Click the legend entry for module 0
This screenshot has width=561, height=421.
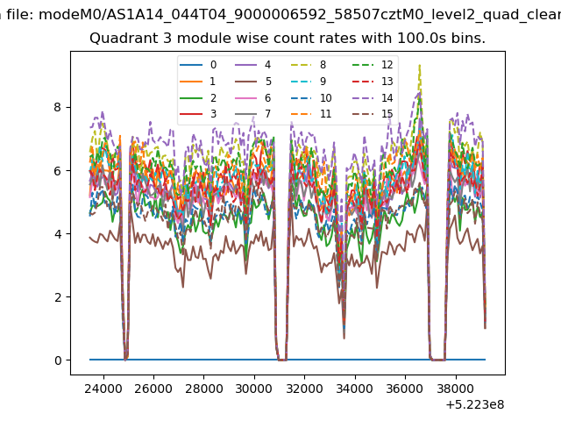(198, 65)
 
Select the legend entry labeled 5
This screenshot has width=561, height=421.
(253, 82)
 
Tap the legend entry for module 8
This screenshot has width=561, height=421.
(308, 65)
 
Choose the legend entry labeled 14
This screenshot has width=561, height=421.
(373, 97)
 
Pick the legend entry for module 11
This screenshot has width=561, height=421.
(310, 114)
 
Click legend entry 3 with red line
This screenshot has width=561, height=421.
(198, 114)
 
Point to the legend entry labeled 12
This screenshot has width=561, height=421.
(373, 65)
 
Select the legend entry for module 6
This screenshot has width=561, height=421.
(253, 97)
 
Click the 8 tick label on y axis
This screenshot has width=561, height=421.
(58, 107)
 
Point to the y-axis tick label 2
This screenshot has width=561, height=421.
(58, 296)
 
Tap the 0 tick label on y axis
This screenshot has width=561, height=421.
(58, 360)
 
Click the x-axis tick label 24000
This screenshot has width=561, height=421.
(103, 388)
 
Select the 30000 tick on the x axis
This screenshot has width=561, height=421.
(254, 388)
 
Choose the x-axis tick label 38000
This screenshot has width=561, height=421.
(456, 388)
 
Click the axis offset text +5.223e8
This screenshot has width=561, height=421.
(475, 404)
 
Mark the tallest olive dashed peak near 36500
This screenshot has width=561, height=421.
(419, 65)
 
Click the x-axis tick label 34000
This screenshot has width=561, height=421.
(355, 388)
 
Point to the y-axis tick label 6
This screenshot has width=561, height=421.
(58, 170)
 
